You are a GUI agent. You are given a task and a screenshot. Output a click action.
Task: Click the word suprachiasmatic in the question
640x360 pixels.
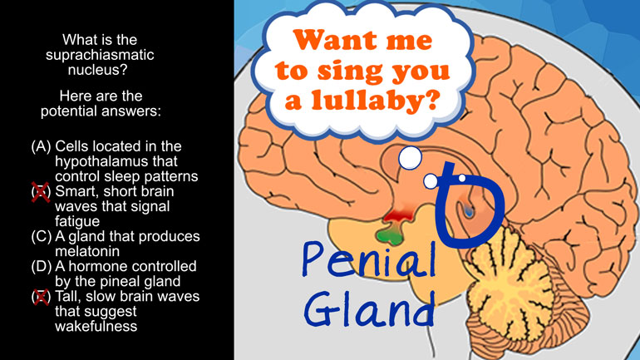(100, 55)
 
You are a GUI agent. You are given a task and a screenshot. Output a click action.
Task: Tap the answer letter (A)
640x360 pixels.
(42, 146)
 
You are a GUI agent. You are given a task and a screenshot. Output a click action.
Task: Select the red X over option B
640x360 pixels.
(41, 192)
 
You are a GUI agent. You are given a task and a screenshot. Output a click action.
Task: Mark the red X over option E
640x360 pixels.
(42, 297)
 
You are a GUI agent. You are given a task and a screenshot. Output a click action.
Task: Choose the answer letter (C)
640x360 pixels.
(42, 236)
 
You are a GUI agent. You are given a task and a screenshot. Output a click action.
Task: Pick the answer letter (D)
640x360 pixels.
(42, 266)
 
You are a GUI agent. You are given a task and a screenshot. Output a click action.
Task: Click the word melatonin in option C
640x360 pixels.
(87, 251)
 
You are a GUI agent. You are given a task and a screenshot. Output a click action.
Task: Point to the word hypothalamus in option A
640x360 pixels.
(116, 161)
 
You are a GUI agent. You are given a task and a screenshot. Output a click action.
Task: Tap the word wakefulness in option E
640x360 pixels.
(96, 326)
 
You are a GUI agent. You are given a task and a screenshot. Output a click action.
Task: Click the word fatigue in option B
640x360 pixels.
(77, 222)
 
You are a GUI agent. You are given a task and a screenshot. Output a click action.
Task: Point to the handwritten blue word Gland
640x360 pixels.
(369, 308)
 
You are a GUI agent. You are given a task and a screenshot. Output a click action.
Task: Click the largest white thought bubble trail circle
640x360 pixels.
(410, 158)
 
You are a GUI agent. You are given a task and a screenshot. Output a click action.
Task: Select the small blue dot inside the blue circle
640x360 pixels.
(469, 212)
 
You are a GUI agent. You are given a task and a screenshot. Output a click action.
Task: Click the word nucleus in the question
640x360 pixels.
(97, 70)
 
